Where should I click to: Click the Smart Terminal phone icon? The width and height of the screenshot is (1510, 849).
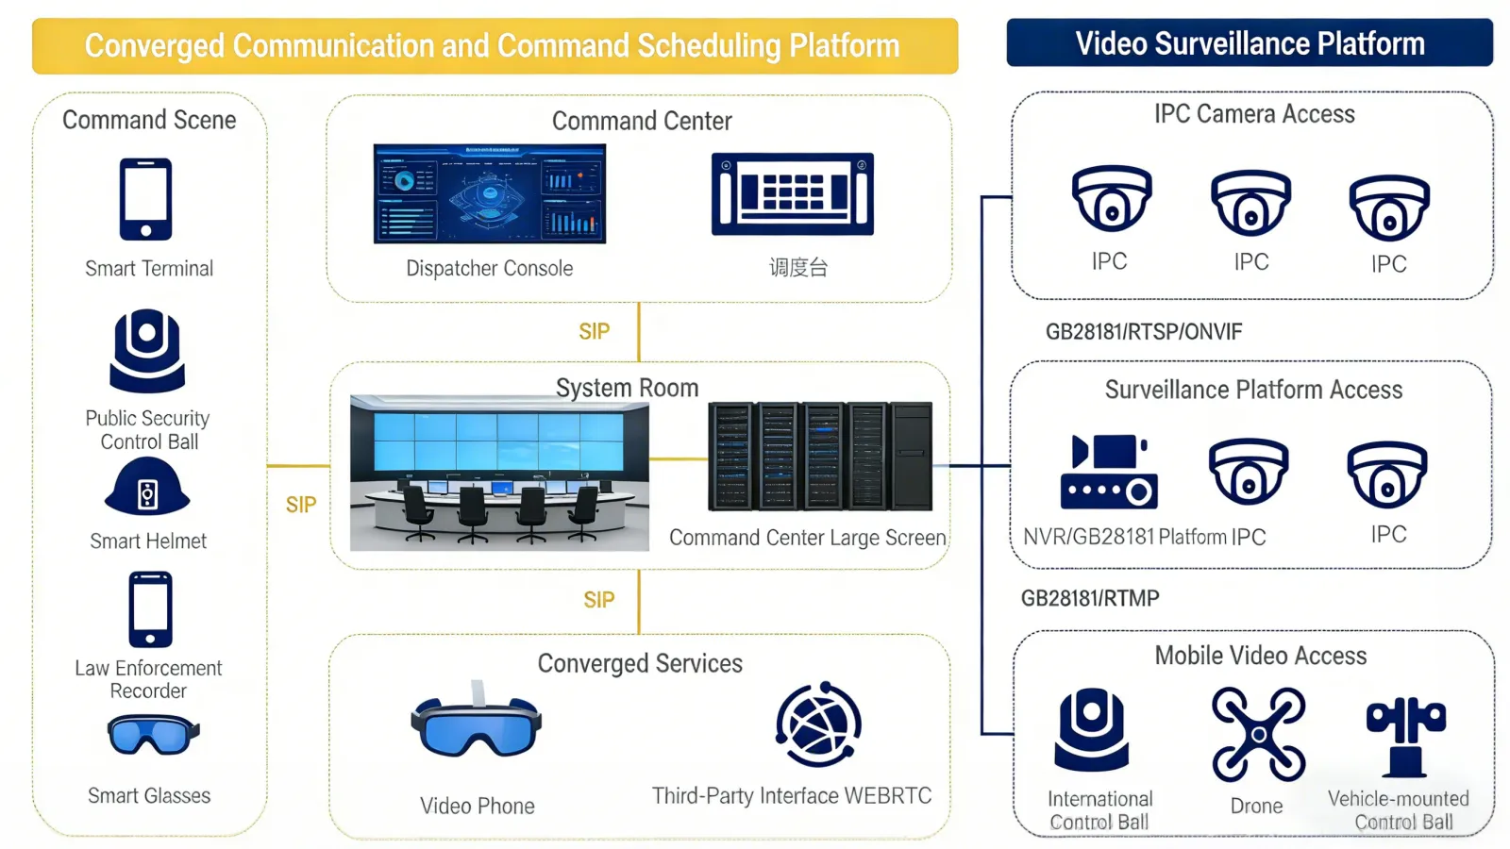(x=145, y=199)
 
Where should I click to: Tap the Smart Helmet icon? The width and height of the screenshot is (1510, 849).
(x=147, y=488)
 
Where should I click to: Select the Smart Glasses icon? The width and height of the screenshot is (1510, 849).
(x=152, y=735)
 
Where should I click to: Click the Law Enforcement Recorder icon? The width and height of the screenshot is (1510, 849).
(x=150, y=609)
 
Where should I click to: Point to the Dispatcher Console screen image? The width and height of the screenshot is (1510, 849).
(x=489, y=193)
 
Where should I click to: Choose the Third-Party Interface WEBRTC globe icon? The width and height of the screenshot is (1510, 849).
(x=818, y=724)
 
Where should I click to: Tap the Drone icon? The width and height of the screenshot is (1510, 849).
(x=1258, y=734)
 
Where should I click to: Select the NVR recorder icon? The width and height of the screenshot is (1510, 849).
(x=1109, y=472)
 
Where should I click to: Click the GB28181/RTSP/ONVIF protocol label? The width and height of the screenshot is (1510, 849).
(x=1143, y=332)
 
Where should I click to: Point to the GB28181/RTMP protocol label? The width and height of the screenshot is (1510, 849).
(x=1090, y=598)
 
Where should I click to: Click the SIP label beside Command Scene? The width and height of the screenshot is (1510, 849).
(x=301, y=505)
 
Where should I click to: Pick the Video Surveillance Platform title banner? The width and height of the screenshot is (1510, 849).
(x=1249, y=43)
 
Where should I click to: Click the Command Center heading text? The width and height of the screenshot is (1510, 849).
(x=642, y=121)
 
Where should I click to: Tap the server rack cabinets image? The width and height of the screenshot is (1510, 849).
(x=819, y=457)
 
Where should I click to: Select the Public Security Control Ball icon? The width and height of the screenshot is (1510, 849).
(x=147, y=350)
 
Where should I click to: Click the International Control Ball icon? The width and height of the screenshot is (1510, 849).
(x=1091, y=730)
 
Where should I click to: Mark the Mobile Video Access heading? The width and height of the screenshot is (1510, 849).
(x=1260, y=656)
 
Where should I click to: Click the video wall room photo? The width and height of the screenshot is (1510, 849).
(x=499, y=473)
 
